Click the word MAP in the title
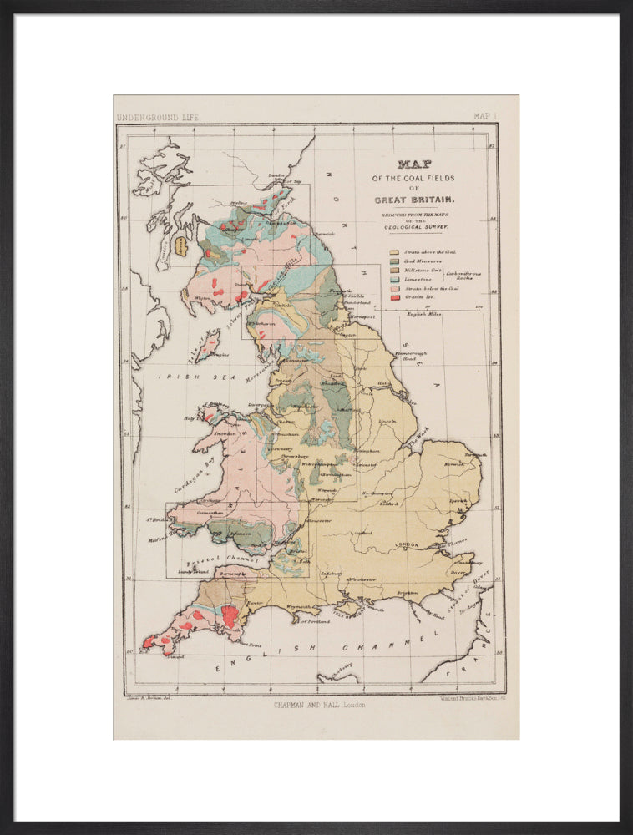(x=415, y=164)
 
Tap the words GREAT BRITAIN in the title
(x=414, y=200)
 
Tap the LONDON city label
(x=406, y=545)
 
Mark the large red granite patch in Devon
(x=230, y=616)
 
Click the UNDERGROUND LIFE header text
(x=159, y=118)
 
